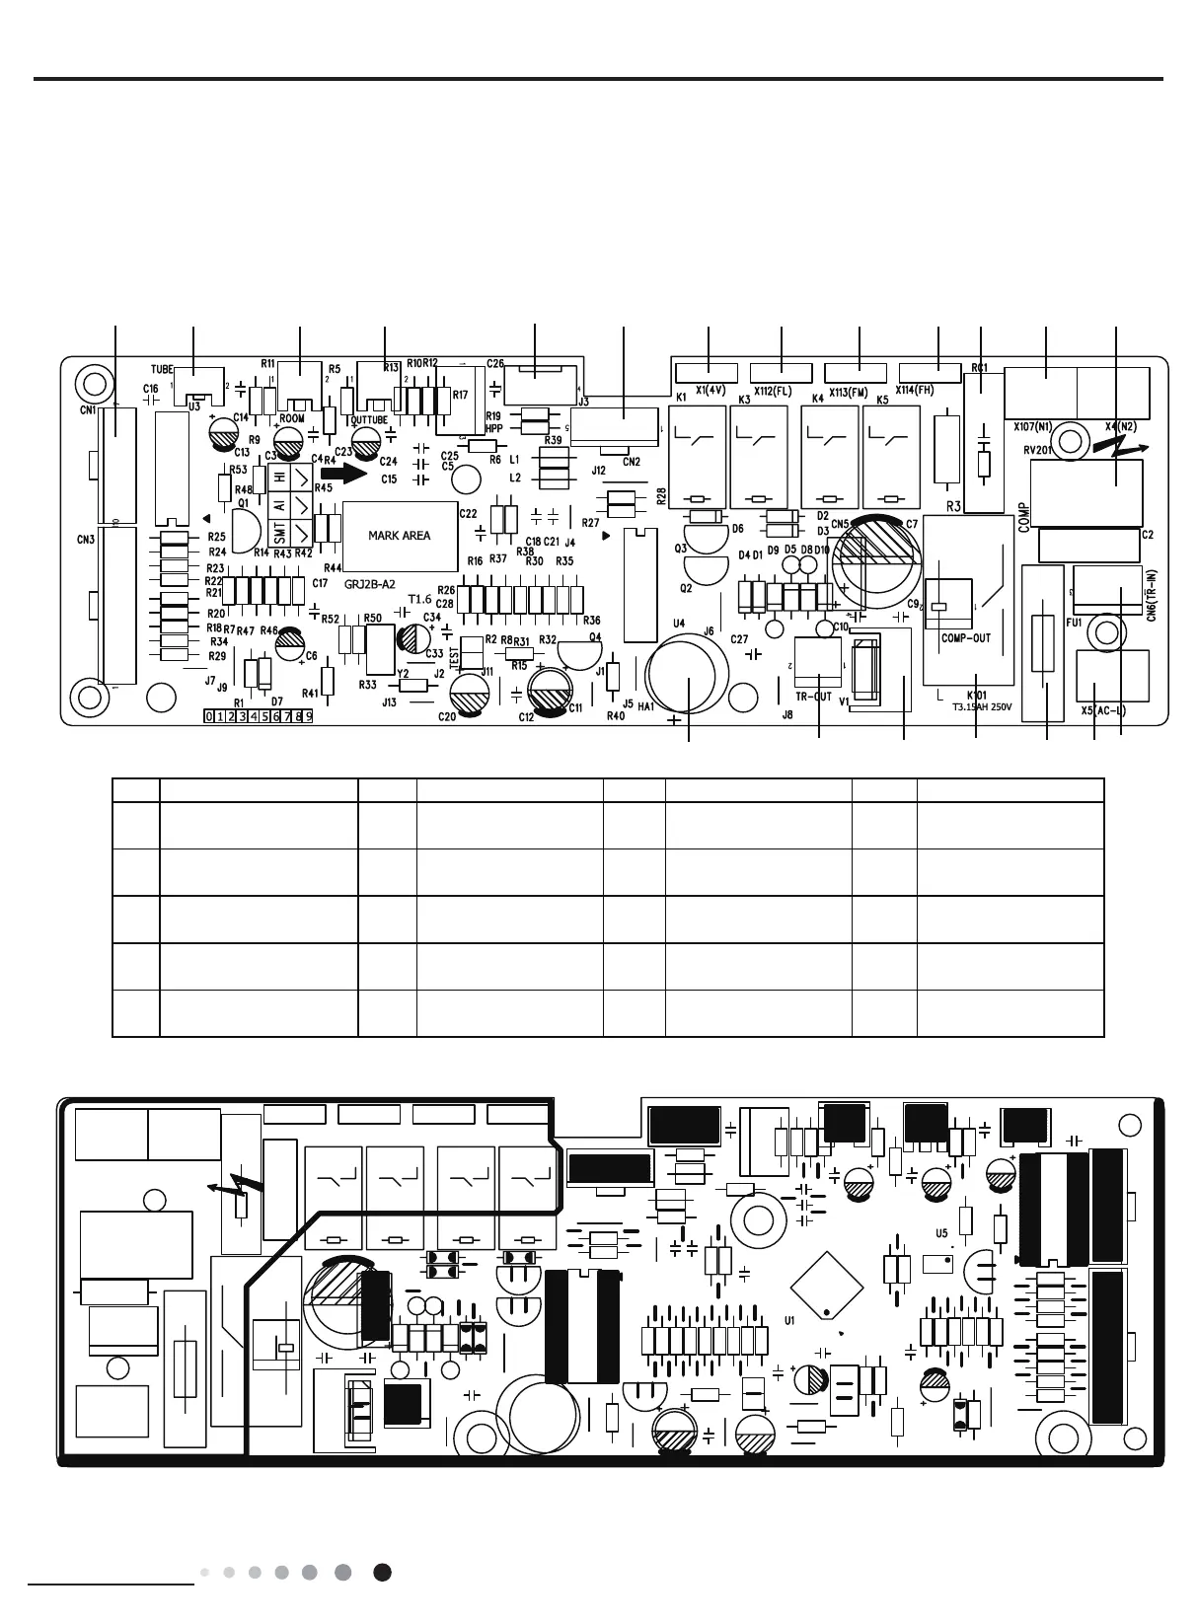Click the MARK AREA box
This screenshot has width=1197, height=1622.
[399, 536]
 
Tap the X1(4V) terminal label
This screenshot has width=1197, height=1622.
[710, 391]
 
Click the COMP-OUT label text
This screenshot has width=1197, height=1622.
[965, 638]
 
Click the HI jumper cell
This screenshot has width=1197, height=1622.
[279, 477]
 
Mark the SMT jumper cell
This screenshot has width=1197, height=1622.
[279, 534]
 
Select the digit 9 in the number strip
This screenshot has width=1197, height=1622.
[308, 716]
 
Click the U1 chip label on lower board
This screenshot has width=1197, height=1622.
[789, 1319]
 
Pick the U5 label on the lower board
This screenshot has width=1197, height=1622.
[941, 1233]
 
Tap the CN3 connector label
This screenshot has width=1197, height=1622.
[86, 540]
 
